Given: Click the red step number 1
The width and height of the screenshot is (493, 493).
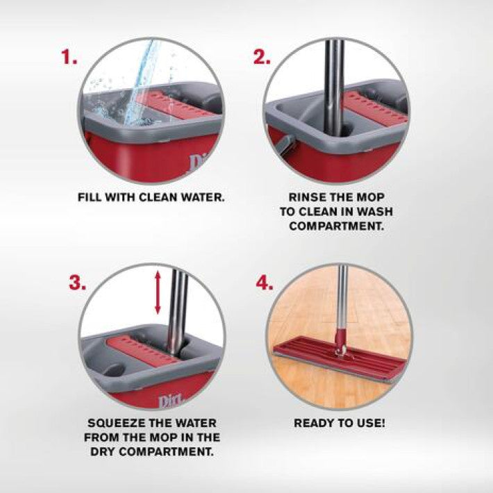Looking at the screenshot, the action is pos(69,58).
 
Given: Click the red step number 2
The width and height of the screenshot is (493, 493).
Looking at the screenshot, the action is pos(262,58).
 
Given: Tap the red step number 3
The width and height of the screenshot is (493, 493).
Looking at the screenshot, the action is pos(77,283).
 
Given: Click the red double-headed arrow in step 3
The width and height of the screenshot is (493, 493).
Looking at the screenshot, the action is pos(158,293).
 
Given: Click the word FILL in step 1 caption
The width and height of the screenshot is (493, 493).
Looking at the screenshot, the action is pos(90,197).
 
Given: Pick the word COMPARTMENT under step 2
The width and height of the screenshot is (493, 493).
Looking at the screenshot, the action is pos(337,226).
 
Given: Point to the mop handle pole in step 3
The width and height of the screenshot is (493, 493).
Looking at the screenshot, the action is pos(176,312).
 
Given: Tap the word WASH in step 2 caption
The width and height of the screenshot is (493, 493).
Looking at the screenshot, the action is pos(375,212).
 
